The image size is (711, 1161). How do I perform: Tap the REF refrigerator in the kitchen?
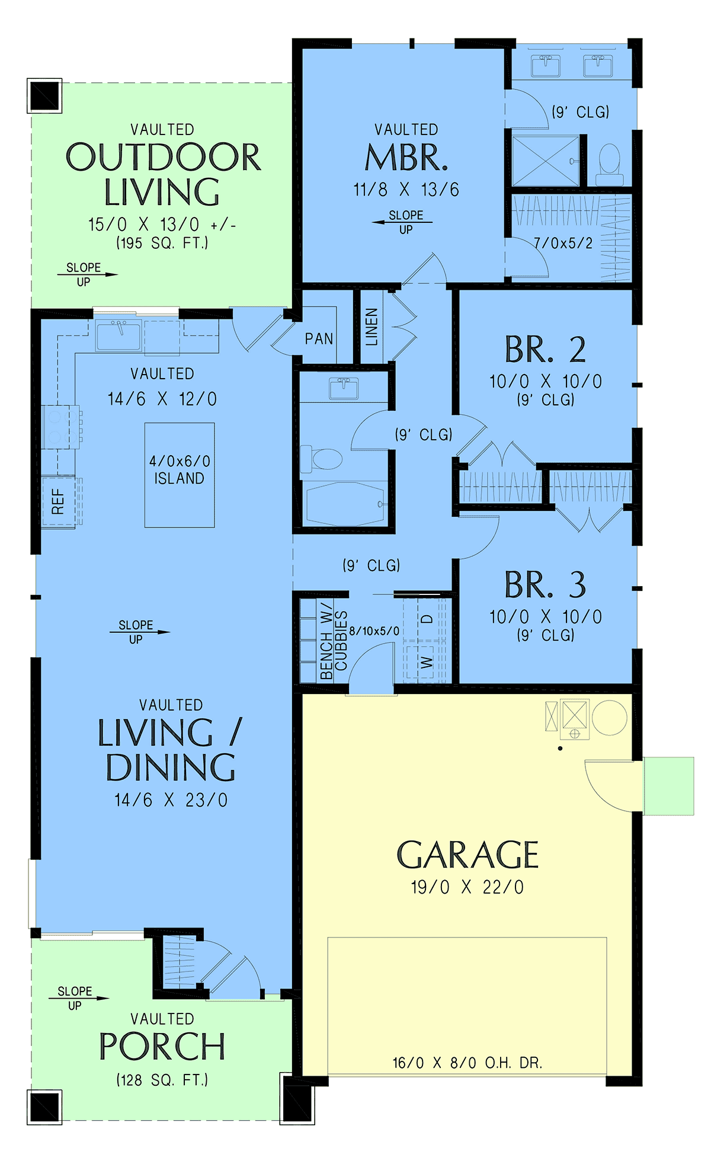58,501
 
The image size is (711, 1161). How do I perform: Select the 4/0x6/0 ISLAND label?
180,469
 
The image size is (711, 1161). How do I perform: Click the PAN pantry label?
319,338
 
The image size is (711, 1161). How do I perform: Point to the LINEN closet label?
371,327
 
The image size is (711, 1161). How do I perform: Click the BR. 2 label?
545,350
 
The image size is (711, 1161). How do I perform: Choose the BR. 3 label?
545,585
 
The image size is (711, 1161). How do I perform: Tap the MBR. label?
406,158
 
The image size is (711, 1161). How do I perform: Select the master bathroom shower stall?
546,161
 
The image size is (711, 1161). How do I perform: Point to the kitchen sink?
119,335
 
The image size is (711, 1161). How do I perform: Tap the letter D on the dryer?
427,619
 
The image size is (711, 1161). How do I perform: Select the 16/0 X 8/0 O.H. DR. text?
467,1063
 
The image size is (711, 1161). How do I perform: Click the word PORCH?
162,1047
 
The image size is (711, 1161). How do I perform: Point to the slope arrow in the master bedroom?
402,222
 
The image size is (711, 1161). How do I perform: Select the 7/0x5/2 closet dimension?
563,243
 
